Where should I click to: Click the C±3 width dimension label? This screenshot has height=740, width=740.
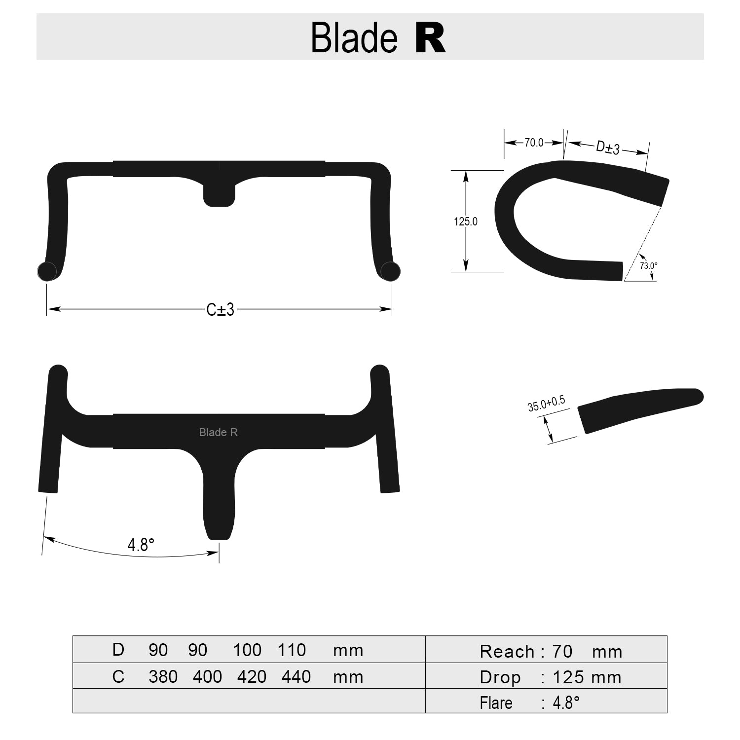point(220,310)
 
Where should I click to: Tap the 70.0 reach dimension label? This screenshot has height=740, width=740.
point(534,143)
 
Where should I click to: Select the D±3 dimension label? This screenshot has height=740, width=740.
point(608,147)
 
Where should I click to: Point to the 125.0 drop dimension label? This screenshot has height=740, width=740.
point(466,222)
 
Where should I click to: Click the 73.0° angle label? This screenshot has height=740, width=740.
point(648,265)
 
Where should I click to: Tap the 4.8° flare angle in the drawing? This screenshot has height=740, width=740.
point(141,545)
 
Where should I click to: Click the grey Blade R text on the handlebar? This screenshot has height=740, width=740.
point(219,432)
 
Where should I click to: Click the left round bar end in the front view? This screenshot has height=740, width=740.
point(47,271)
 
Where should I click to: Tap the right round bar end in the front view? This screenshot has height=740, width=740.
point(391,271)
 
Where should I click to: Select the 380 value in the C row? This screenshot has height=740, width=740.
point(163,676)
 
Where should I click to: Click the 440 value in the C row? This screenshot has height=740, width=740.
point(296,676)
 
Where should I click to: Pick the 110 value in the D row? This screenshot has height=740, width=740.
point(292,650)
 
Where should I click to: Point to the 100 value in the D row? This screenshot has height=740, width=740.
point(247,650)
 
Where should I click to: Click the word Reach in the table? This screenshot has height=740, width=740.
point(507,652)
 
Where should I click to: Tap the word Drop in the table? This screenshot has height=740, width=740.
point(500,677)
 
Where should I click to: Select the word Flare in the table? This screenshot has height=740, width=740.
point(496,703)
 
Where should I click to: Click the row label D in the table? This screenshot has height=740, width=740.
point(118,650)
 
